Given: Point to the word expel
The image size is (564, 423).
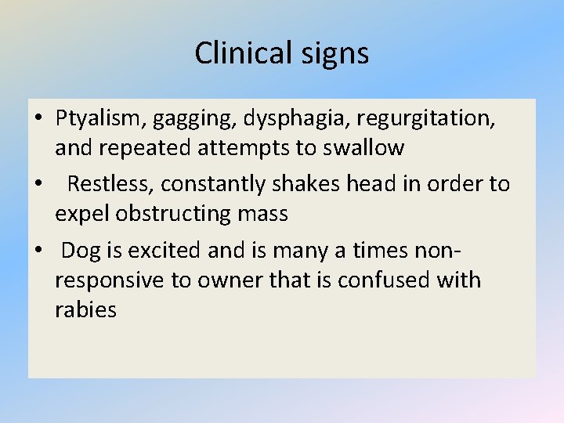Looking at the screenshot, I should (79, 214).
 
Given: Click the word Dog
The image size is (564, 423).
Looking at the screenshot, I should (79, 251).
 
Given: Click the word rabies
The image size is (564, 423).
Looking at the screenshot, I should (85, 310).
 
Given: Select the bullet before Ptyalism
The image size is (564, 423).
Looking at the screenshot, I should (38, 119).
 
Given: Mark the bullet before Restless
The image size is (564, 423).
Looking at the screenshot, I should (38, 185).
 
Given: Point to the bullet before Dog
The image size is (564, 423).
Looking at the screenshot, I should (38, 251).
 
